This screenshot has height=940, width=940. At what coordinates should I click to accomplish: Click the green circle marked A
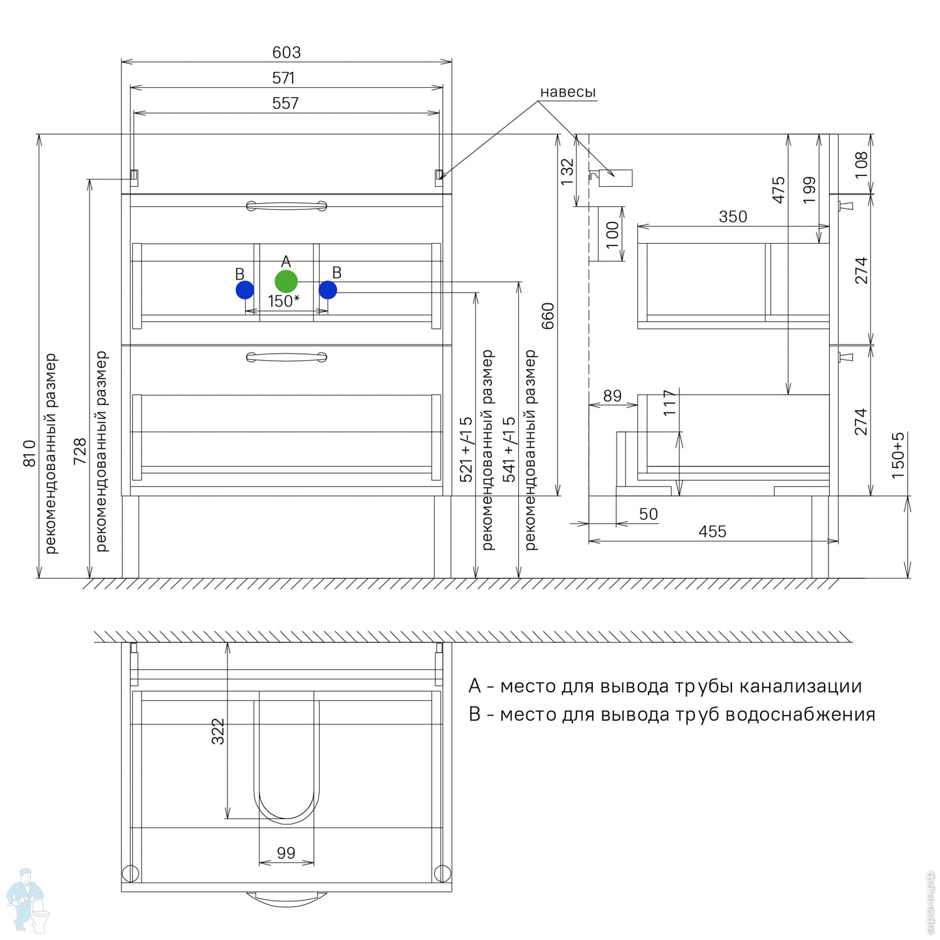click(286, 281)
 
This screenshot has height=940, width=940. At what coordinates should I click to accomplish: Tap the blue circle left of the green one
click(245, 290)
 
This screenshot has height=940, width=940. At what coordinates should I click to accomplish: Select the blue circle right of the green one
click(328, 290)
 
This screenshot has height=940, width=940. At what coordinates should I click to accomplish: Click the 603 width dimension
click(286, 53)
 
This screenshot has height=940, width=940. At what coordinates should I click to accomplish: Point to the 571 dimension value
click(283, 78)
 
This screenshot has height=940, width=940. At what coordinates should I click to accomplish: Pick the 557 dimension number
click(285, 103)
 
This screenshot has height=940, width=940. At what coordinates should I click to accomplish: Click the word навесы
click(568, 92)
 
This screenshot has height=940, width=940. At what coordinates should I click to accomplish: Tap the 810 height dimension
click(29, 452)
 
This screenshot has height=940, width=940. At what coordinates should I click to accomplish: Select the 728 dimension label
click(80, 451)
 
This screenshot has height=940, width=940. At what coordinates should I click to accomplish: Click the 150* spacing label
click(283, 301)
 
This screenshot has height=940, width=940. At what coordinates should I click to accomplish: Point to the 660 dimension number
click(548, 316)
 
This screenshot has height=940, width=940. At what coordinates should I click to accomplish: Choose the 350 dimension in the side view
click(733, 217)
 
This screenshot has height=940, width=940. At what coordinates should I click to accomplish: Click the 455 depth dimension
click(713, 532)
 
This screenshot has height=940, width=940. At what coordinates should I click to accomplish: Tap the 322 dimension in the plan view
click(217, 731)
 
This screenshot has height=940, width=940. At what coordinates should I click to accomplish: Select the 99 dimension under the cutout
click(286, 854)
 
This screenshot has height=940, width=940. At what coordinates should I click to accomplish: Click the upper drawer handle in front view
click(286, 206)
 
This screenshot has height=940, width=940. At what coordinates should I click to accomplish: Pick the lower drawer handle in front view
click(286, 357)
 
